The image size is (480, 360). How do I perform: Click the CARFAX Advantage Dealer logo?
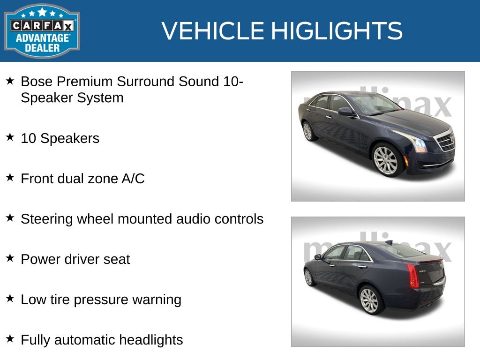coord(42,31)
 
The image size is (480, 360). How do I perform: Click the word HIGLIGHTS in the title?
coord(337,30)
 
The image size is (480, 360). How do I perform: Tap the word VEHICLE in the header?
coord(213,30)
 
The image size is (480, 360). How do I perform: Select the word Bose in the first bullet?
coord(37,82)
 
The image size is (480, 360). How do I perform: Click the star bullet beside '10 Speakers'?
coord(10,137)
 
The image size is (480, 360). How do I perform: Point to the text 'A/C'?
coord(133,179)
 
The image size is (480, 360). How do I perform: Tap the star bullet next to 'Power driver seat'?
coord(10,258)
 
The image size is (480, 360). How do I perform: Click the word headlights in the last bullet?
coord(151,340)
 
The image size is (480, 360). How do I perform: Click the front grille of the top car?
coord(445,141)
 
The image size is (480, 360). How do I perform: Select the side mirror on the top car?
coord(346,112)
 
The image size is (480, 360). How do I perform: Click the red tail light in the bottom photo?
coord(412,276)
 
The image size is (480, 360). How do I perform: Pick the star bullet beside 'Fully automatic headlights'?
coord(10,338)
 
